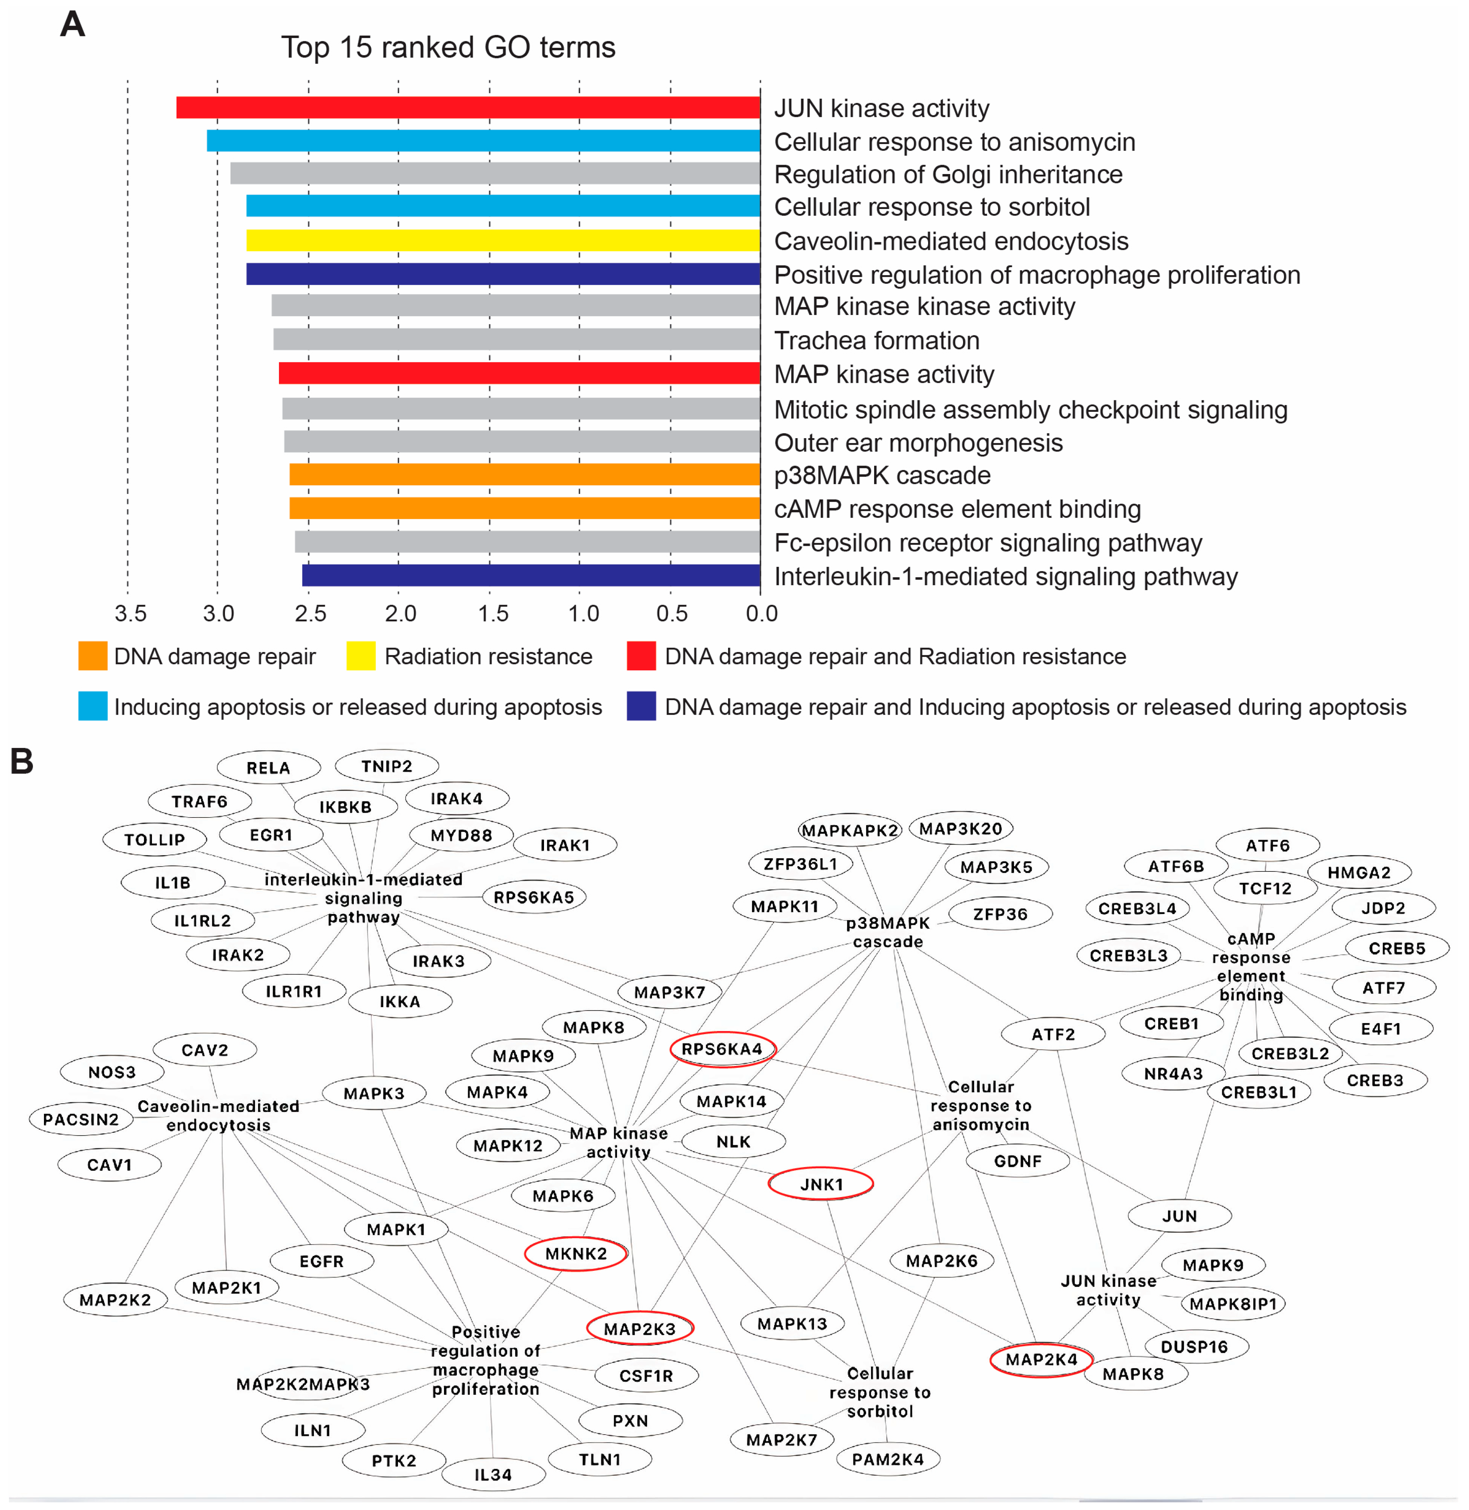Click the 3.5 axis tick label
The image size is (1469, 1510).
click(130, 613)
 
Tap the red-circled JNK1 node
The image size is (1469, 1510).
click(821, 1184)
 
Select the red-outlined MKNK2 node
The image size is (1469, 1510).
click(575, 1253)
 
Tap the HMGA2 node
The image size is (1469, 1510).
click(1359, 872)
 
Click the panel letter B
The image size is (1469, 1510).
click(21, 761)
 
